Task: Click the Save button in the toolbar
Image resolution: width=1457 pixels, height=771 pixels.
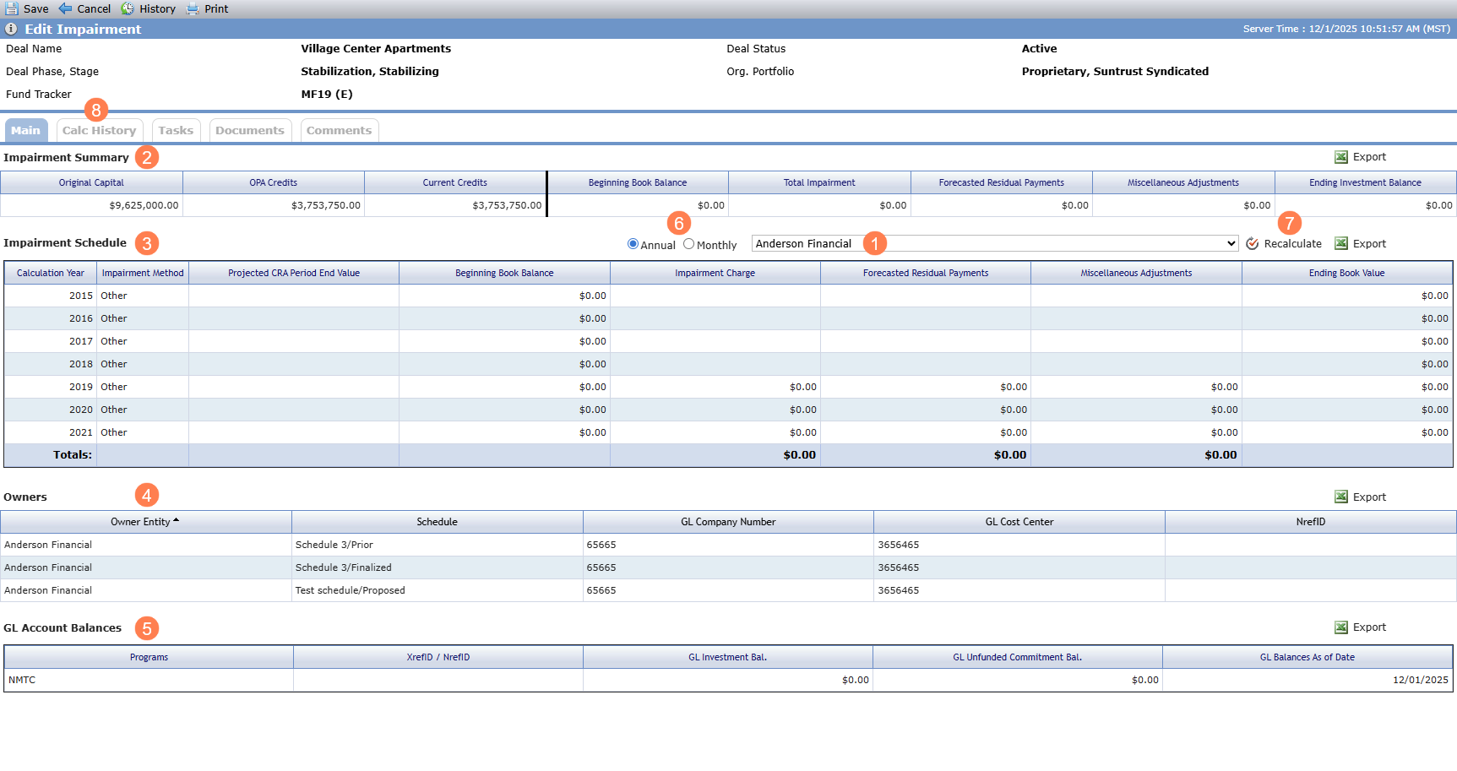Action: pos(27,8)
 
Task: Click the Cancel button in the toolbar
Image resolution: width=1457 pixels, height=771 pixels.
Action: pos(84,8)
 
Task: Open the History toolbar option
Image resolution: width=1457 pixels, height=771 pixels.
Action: pos(148,8)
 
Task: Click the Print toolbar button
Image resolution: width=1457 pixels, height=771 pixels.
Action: pos(207,8)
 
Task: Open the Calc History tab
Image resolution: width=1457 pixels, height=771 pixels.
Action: pos(100,130)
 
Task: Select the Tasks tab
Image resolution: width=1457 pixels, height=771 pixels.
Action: pos(176,130)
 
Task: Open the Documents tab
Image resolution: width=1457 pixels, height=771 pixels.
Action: pos(250,130)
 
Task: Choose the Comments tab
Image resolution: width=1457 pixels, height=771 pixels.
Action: pos(339,130)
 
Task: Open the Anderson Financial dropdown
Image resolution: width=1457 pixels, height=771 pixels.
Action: pos(995,243)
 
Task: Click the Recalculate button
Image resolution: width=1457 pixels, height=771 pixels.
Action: pos(1284,243)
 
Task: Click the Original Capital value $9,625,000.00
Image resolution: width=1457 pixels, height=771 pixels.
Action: pos(144,205)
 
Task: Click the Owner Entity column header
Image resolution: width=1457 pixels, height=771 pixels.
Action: pos(145,522)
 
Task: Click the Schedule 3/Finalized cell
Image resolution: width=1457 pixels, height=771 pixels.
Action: pos(344,567)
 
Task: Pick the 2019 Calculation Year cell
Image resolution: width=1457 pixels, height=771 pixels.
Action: pos(81,387)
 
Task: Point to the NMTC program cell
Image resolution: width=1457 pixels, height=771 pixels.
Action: pos(22,680)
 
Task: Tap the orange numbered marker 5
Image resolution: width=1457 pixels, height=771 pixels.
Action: pos(147,628)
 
